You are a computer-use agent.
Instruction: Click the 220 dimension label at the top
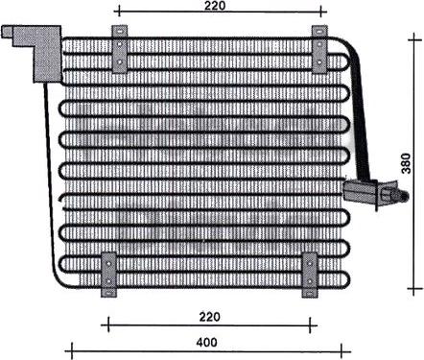point(214,7)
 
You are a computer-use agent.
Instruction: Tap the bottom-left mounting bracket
point(109,276)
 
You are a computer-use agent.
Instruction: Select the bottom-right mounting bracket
point(310,276)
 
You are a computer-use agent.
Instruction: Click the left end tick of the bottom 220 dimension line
point(107,323)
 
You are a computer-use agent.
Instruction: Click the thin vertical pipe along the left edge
point(50,173)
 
